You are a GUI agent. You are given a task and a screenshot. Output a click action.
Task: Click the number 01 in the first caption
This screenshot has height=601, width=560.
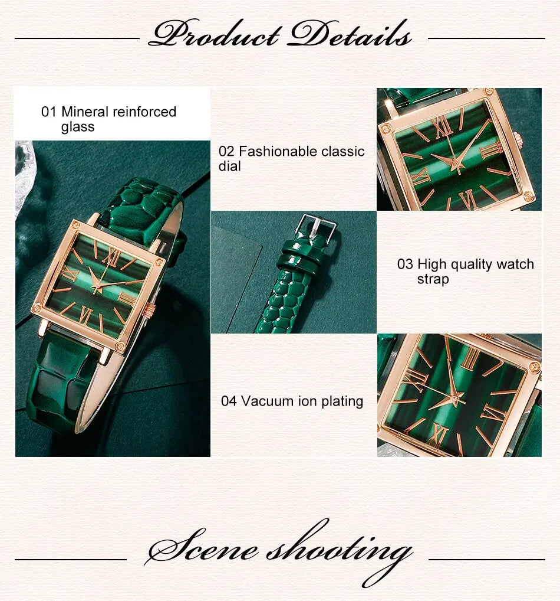coord(48,112)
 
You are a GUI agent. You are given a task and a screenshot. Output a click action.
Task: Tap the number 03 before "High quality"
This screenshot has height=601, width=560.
coord(405,264)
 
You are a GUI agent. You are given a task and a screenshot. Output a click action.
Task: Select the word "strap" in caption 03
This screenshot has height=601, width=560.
coord(433,279)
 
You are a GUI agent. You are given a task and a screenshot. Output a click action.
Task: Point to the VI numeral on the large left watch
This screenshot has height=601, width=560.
coord(86,314)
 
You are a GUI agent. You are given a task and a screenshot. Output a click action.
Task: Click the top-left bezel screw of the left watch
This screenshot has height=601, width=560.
coord(75,224)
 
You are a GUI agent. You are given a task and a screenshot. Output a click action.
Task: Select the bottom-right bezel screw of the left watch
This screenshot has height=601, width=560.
coord(120,347)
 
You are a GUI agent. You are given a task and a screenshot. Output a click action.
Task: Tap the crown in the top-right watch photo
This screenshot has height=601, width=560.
coord(518,140)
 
